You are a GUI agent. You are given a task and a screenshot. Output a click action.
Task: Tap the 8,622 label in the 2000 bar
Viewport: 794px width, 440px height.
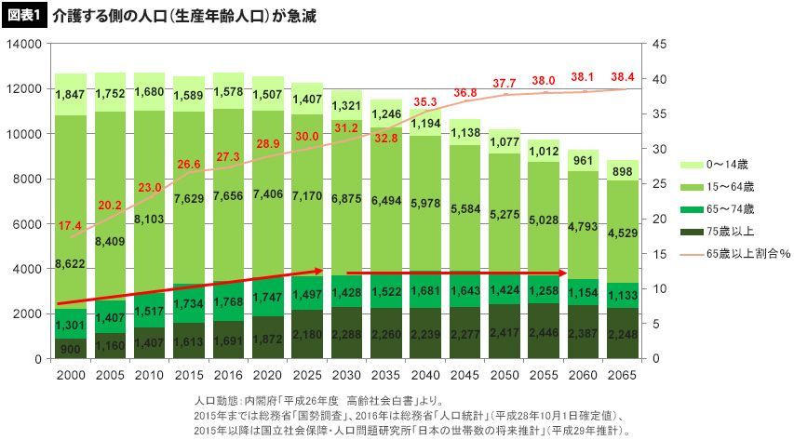coord(71,264)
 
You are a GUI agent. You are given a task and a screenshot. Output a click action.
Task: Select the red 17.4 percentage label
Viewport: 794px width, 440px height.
coord(69,227)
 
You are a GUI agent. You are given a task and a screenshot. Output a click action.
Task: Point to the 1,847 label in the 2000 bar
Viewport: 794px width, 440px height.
coord(71,95)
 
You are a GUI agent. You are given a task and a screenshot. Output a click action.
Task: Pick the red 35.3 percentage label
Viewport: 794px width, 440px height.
coord(424,102)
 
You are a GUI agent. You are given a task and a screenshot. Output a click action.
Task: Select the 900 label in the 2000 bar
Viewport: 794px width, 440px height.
coord(71,349)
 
